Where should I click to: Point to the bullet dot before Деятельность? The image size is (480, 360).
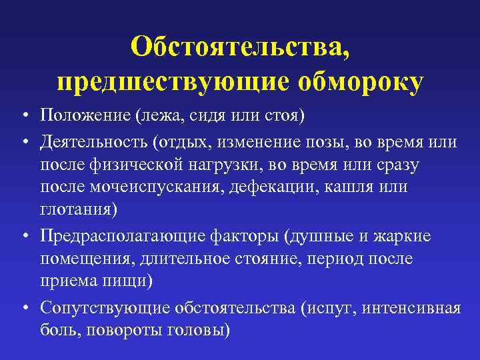click(23, 143)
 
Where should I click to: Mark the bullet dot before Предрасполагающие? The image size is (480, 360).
click(23, 237)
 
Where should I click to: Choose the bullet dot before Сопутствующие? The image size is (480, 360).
click(23, 308)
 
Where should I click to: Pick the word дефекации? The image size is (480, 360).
click(276, 187)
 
